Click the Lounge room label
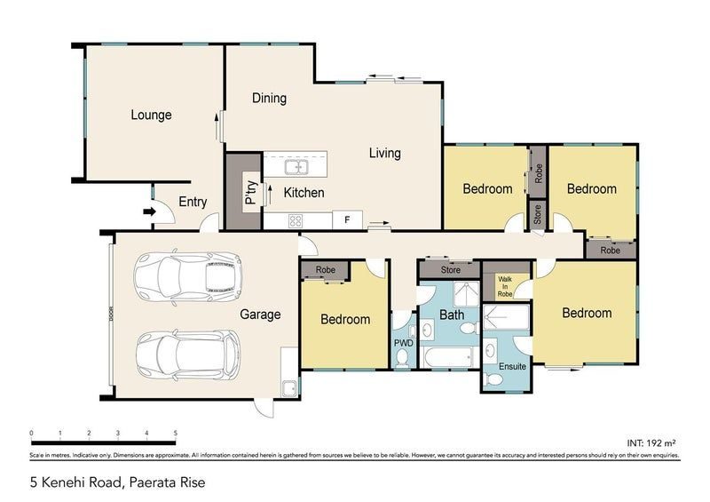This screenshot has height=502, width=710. click(x=151, y=115)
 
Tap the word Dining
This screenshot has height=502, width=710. click(x=269, y=98)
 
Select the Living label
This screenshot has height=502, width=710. click(x=384, y=153)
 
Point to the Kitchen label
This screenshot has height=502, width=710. click(x=304, y=192)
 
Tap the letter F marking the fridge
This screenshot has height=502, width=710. click(x=348, y=219)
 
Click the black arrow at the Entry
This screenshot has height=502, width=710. click(x=148, y=211)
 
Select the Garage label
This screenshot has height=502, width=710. click(x=260, y=314)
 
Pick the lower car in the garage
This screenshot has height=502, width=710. click(x=188, y=353)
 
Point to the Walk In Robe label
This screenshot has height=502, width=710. click(x=505, y=286)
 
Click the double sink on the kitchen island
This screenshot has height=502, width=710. click(x=296, y=166)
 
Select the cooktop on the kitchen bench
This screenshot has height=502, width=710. click(x=295, y=220)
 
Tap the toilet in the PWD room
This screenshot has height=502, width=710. click(x=404, y=357)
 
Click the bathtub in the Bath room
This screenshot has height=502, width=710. click(x=449, y=358)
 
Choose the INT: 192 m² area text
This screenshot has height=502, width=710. click(x=651, y=441)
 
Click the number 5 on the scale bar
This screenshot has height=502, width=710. click(x=175, y=434)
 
